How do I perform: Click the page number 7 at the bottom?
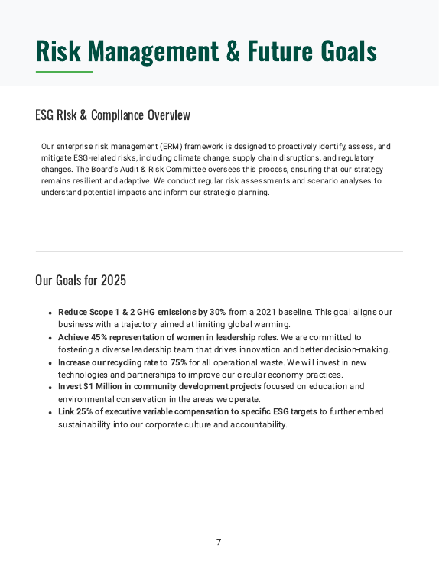tap(219, 542)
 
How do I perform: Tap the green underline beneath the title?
tap(64, 72)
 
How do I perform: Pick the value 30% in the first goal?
tap(217, 312)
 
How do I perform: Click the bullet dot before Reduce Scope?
tap(50, 313)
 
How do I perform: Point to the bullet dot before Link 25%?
tap(50, 413)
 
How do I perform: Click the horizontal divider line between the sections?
tap(219, 251)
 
